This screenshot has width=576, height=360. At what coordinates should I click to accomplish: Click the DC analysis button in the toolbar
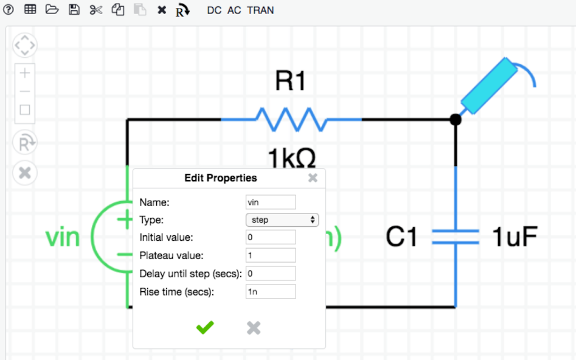[214, 10]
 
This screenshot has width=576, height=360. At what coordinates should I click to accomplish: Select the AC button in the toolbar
[234, 10]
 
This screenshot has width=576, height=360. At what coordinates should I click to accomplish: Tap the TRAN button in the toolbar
[260, 10]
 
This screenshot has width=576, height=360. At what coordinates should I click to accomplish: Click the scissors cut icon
[96, 10]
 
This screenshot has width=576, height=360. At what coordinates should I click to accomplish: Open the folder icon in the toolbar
[52, 10]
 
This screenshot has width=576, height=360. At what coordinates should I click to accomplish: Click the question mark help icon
[9, 10]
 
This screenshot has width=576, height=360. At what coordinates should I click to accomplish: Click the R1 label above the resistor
[290, 81]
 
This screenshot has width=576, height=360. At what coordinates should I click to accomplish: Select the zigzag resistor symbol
[291, 119]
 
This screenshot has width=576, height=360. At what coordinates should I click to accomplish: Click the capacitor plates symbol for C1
[456, 237]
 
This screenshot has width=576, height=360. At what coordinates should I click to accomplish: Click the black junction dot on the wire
[455, 120]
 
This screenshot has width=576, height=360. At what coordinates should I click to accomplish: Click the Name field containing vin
[271, 202]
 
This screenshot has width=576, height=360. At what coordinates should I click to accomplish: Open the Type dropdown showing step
[282, 220]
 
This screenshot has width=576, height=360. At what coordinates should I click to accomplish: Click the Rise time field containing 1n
[271, 292]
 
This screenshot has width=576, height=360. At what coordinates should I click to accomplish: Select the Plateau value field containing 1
[271, 255]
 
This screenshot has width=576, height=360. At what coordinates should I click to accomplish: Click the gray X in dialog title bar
[313, 178]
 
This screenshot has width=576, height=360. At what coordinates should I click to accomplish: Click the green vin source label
[63, 237]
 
